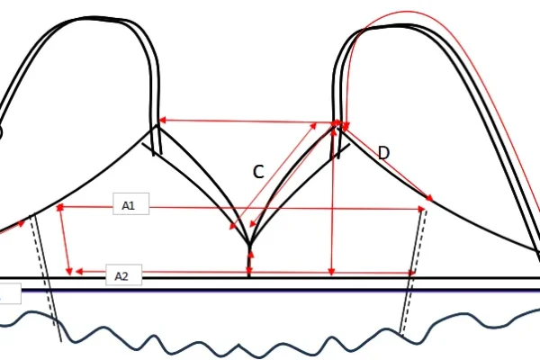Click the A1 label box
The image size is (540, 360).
click(129, 206)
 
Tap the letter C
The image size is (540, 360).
click(257, 173)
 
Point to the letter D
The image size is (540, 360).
click(383, 153)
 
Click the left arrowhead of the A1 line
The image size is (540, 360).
click(61, 207)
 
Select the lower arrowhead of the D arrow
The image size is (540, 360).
click(430, 199)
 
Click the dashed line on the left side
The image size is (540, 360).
click(40, 252)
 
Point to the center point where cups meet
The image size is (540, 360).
click(249, 243)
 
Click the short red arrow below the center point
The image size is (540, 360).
click(249, 262)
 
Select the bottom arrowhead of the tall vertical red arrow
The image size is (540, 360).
click(332, 271)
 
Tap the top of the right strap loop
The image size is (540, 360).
click(378, 24)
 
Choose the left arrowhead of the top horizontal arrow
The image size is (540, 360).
click(162, 121)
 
